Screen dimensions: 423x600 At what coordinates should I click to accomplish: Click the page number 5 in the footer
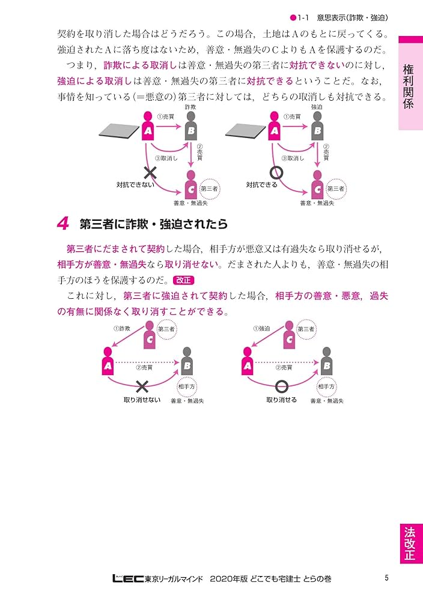coord(388,578)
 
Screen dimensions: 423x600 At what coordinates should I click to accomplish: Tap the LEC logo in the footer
coord(129,579)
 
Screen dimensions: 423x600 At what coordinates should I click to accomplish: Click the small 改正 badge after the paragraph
coord(184,280)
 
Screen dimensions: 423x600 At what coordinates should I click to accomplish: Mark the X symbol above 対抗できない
coord(150,173)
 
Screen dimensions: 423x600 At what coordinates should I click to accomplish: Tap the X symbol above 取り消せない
coord(142,386)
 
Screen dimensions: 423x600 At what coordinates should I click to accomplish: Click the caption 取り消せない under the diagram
coord(142,400)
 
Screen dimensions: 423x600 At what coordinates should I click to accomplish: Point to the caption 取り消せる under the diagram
coord(281,400)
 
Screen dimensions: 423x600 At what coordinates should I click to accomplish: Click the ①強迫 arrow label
coord(261,329)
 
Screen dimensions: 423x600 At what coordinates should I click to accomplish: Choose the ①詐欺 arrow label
coord(122,329)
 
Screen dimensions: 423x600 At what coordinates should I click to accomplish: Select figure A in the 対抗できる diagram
coord(275,126)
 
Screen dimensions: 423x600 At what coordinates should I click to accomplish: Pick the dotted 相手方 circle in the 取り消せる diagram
coord(327,387)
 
